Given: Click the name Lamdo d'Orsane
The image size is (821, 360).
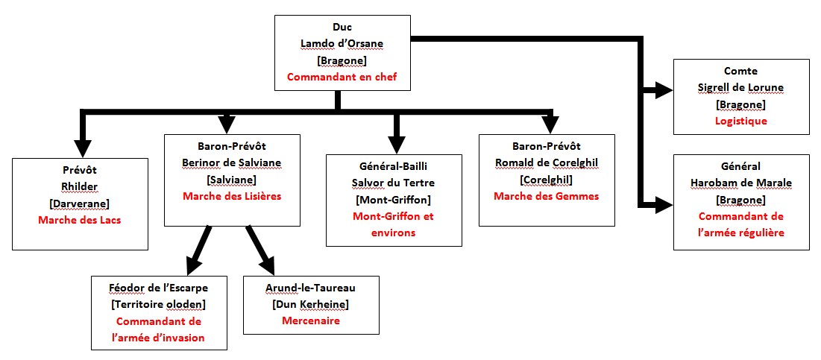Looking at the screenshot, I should pyautogui.click(x=341, y=43).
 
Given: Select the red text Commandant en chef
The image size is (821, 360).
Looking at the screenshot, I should pyautogui.click(x=341, y=77).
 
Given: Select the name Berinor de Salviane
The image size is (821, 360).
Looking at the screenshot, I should pyautogui.click(x=231, y=163).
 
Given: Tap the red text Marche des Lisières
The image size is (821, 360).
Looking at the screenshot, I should pyautogui.click(x=231, y=197).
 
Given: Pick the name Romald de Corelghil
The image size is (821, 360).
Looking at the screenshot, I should pyautogui.click(x=547, y=163).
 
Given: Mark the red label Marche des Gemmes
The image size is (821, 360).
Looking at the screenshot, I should pyautogui.click(x=547, y=196).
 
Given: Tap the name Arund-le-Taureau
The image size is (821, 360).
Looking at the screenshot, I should pyautogui.click(x=311, y=288).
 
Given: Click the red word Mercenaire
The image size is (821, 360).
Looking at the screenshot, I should pyautogui.click(x=311, y=321).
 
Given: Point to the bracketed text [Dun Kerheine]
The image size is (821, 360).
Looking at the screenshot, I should pyautogui.click(x=311, y=305).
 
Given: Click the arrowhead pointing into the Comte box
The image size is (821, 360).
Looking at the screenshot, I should pyautogui.click(x=662, y=92).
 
